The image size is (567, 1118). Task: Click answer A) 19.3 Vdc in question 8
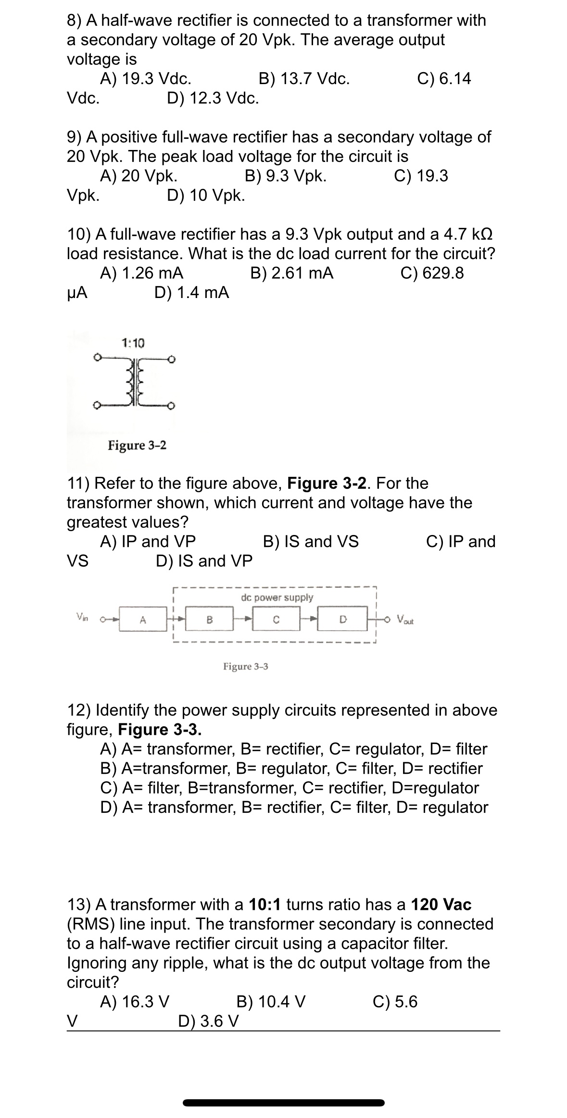coord(146,78)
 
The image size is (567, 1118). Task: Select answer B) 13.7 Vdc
coord(304,78)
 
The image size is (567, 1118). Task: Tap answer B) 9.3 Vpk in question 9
coord(286,176)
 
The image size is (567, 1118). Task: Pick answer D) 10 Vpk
coord(206,196)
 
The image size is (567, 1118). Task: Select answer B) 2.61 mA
coord(292,273)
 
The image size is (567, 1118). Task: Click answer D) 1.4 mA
coord(192,292)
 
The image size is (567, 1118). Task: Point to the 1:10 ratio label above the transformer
coord(133,343)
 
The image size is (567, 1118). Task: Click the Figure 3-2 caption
coord(137,445)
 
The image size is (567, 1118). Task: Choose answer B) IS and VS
coord(311,541)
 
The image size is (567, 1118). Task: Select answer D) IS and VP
coord(204,561)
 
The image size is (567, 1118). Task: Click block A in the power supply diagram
coord(142,620)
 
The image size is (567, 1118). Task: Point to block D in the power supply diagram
coord(343,620)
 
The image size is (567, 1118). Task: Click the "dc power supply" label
coord(277,597)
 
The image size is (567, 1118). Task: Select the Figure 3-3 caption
coord(245,666)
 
